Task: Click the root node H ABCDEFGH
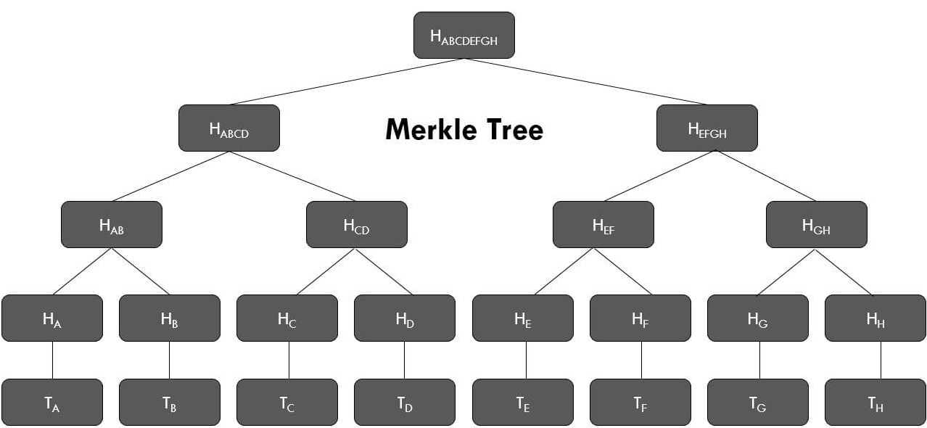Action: click(x=464, y=36)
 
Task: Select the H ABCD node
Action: click(x=229, y=128)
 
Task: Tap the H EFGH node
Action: click(x=707, y=128)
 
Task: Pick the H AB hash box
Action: click(x=112, y=225)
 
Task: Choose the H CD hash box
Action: click(x=357, y=225)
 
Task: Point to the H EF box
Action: click(x=603, y=225)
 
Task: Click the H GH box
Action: click(x=817, y=225)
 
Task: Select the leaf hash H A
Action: click(x=52, y=318)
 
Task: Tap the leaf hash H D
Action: click(x=405, y=318)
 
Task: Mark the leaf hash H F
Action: click(x=640, y=318)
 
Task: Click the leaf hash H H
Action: click(x=875, y=318)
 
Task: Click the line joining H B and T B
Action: click(x=170, y=360)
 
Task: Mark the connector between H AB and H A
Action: click(x=82, y=271)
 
